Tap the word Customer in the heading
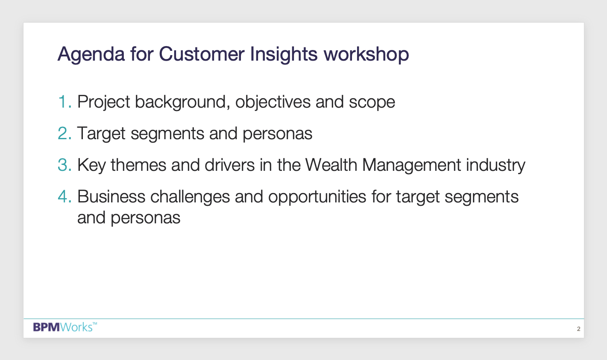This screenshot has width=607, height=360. (x=202, y=54)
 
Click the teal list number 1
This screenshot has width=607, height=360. (x=65, y=102)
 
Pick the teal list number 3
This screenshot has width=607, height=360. (x=65, y=165)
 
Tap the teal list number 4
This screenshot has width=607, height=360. (x=65, y=196)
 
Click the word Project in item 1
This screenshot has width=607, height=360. (x=103, y=103)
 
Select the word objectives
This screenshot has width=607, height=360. (x=273, y=103)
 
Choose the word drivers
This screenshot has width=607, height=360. (x=230, y=165)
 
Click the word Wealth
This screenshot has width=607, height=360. (x=331, y=165)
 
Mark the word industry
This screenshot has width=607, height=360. (x=496, y=166)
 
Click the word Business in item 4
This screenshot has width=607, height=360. (x=111, y=196)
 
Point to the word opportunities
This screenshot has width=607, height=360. (x=317, y=197)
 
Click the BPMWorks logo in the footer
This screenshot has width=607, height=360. (x=65, y=327)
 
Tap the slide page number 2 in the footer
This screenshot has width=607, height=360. (x=578, y=329)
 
